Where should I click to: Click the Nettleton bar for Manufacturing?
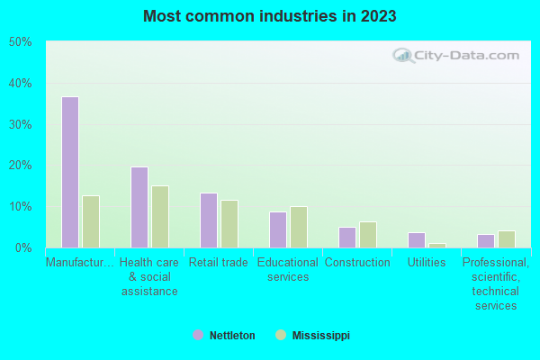pos(70,172)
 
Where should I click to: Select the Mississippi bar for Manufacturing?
pos(91,221)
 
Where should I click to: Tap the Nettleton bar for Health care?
pos(139,207)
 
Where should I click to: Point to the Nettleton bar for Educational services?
pos(278,229)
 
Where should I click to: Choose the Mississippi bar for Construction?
pos(368,235)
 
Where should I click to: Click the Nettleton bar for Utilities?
pos(417,240)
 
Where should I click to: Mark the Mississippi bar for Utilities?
pos(437,245)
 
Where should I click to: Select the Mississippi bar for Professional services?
pos(507,239)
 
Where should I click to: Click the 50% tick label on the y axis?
pos(20,42)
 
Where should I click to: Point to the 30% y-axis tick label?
pos(20,124)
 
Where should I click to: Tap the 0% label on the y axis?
pos(22,247)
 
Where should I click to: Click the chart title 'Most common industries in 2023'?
pos(269,16)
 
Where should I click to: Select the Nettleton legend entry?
pos(225,335)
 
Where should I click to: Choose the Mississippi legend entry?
pos(313,335)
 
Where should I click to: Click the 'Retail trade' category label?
pos(217,263)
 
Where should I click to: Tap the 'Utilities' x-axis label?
pos(427,263)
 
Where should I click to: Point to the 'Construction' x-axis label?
pos(357,263)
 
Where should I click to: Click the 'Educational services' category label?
pos(288,269)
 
